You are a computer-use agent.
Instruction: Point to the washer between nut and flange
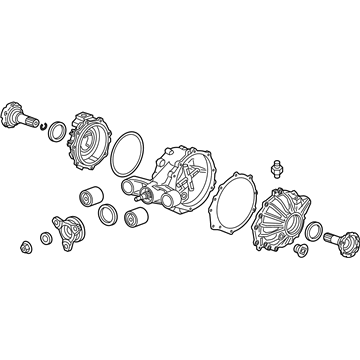point(45,238)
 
